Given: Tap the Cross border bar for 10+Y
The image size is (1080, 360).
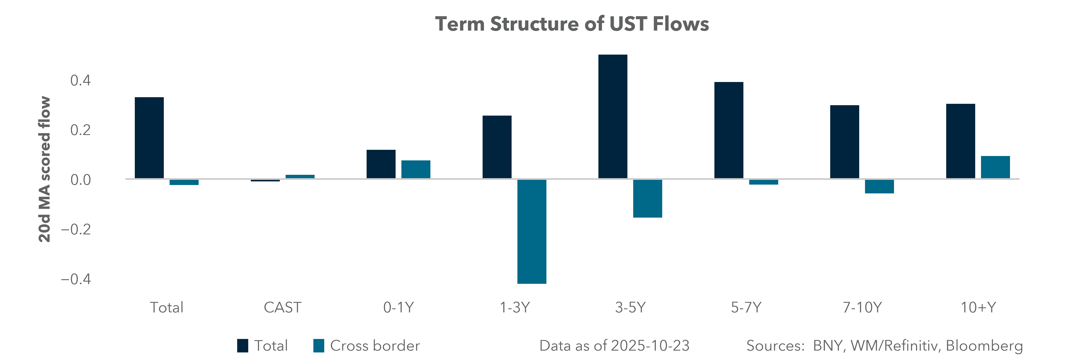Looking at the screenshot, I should click(x=995, y=167).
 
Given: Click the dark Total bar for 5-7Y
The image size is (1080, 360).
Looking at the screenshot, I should click(x=729, y=130).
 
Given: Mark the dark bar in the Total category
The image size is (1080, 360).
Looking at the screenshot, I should click(x=149, y=138).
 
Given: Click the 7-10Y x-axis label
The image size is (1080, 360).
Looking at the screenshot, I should click(x=862, y=308).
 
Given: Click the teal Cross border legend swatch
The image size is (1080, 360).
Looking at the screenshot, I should click(x=319, y=346).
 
